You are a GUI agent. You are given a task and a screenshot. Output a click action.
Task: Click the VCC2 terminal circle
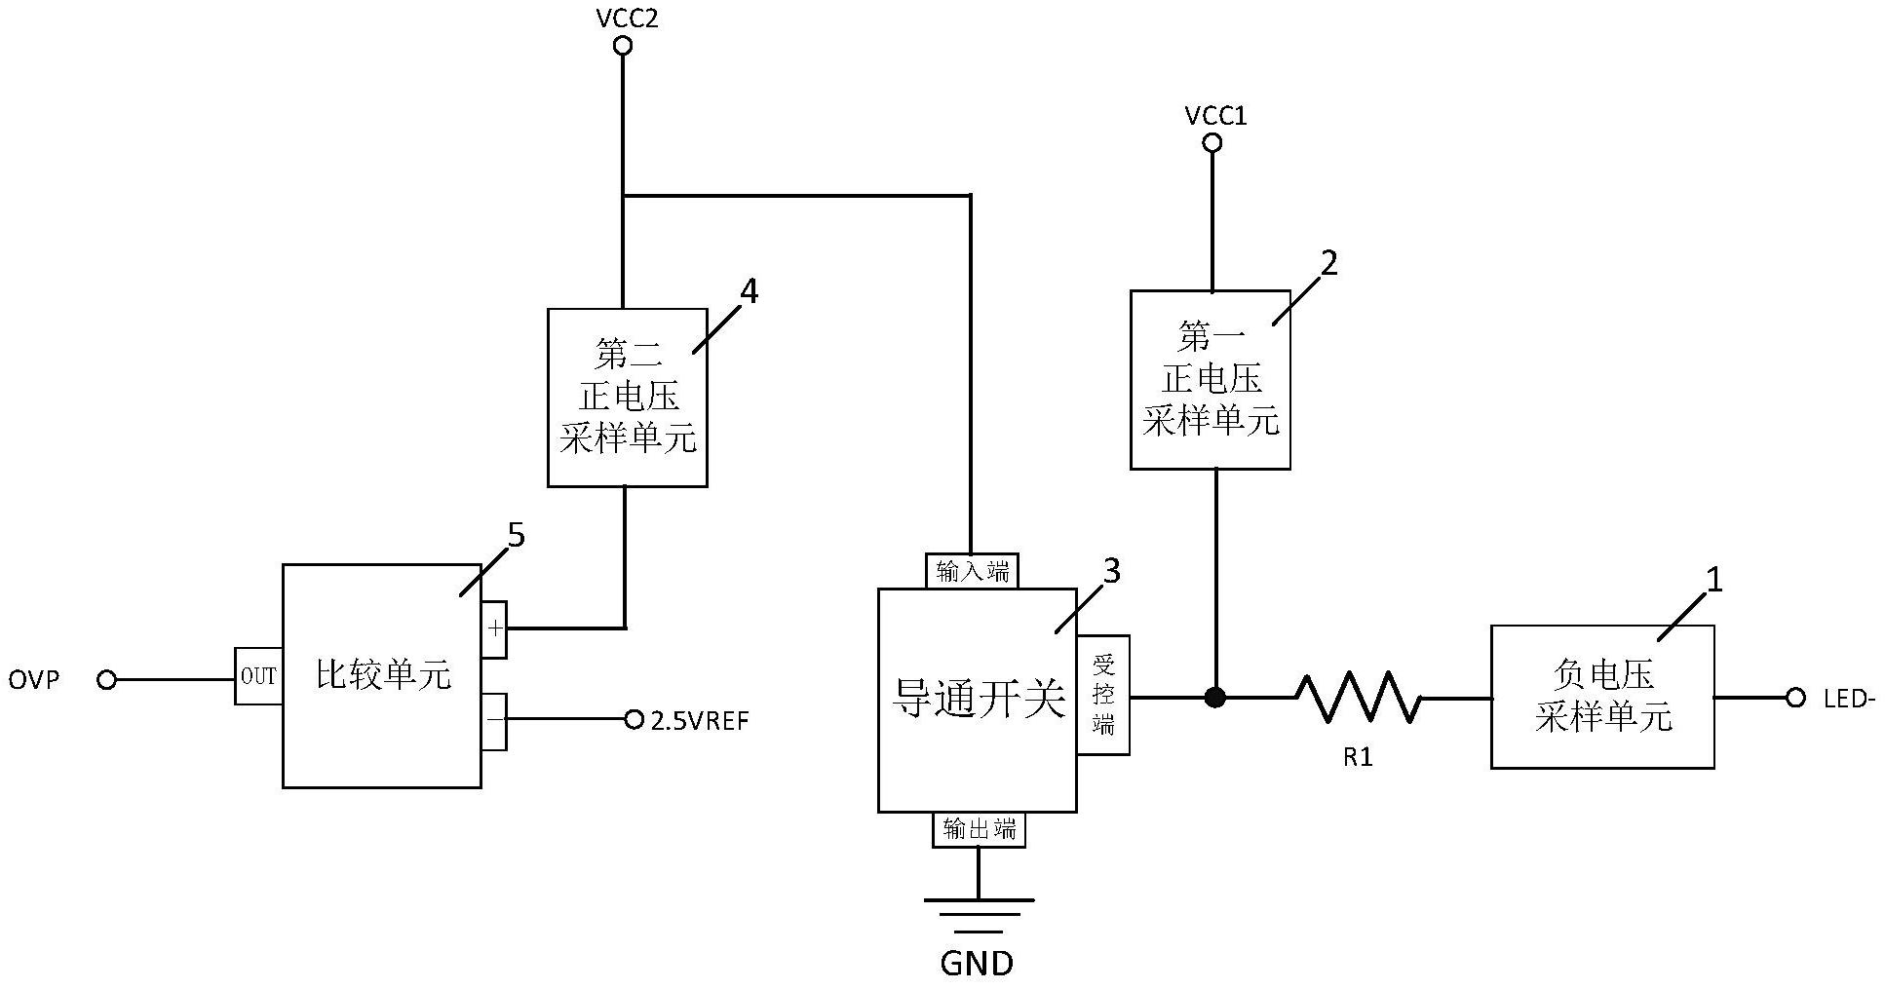tap(623, 46)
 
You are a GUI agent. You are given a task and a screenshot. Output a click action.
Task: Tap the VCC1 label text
tap(1215, 116)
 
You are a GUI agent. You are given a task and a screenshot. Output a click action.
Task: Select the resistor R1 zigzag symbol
tap(1357, 697)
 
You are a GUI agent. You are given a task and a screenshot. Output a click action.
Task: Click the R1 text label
tap(1358, 758)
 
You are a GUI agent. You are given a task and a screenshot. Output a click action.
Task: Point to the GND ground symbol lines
tap(979, 915)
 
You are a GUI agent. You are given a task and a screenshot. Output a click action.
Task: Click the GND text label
tap(977, 964)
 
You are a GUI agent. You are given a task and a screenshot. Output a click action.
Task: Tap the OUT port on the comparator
tap(258, 676)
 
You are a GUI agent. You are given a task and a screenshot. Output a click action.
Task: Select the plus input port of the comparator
tap(495, 628)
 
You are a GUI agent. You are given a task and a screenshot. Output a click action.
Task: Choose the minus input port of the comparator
tap(495, 721)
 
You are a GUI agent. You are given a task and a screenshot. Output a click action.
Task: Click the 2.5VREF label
tap(699, 721)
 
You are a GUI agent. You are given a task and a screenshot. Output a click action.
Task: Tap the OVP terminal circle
tap(107, 679)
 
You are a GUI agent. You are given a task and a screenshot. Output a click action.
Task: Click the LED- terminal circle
tap(1795, 698)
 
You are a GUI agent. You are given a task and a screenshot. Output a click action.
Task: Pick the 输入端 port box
tap(972, 572)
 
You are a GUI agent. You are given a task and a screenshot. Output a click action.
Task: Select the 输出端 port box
tap(979, 829)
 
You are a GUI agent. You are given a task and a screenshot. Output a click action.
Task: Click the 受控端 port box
tap(1103, 695)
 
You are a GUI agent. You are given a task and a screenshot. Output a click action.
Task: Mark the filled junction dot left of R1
tap(1215, 697)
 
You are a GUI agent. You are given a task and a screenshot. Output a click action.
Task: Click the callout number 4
tap(749, 290)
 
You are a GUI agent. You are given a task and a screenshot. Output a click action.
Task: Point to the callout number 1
tap(1713, 580)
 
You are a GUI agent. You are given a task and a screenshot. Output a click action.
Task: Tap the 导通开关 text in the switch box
tap(979, 699)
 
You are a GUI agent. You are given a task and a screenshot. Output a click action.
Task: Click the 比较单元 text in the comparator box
tap(383, 674)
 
